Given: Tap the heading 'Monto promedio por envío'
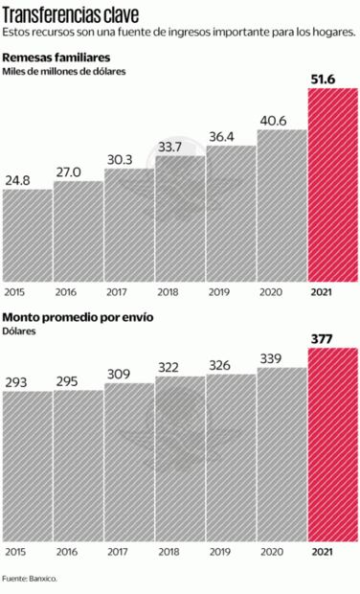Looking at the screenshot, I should click(78, 317).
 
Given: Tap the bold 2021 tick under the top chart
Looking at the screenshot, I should click(323, 290).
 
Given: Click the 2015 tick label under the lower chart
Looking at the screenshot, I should click(14, 552).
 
